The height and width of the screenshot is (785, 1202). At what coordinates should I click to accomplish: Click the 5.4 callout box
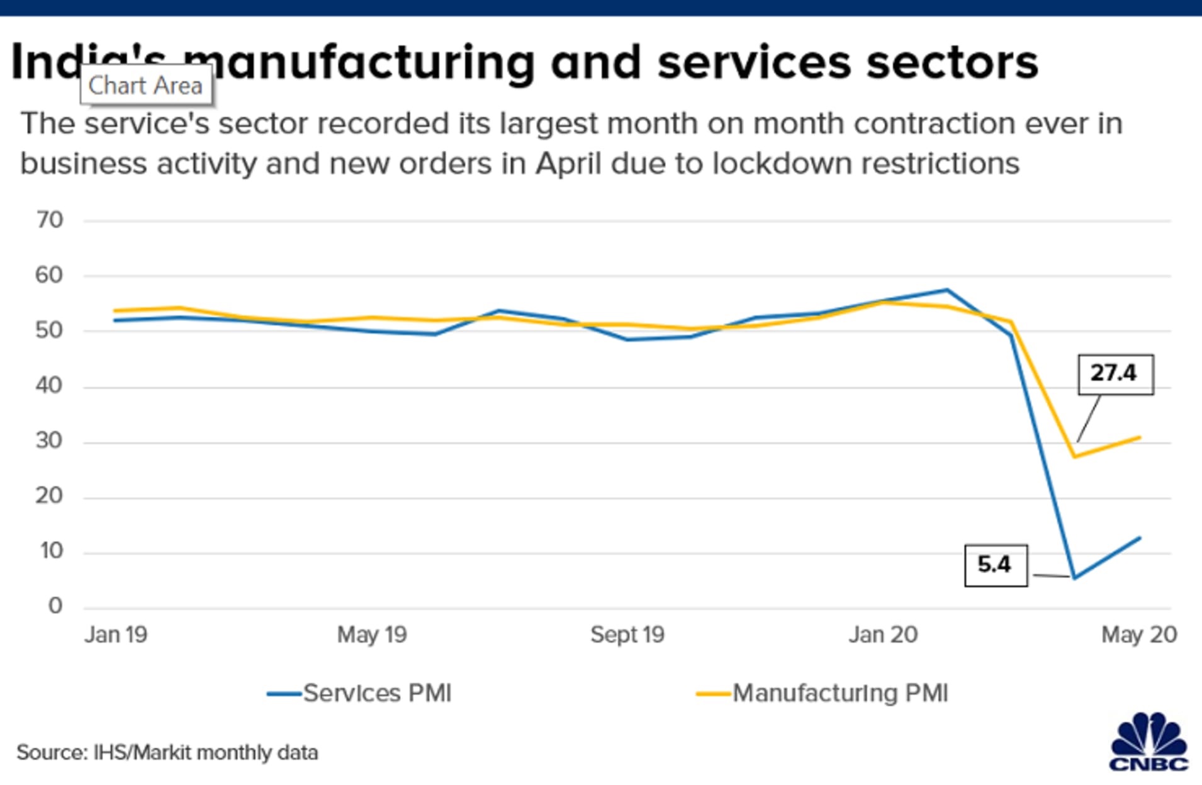tap(996, 565)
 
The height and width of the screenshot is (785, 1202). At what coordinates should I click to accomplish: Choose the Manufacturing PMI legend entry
tap(822, 693)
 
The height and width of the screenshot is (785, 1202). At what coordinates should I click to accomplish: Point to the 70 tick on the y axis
tap(50, 220)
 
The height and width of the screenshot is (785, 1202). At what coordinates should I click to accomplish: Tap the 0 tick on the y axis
tap(55, 606)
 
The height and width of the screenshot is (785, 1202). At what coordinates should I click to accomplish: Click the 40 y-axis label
tap(49, 385)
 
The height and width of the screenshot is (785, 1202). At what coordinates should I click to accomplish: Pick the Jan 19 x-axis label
tap(116, 635)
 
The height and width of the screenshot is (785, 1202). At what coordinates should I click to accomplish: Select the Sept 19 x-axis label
tap(627, 635)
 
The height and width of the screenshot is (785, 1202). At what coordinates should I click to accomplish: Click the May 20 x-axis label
tap(1138, 635)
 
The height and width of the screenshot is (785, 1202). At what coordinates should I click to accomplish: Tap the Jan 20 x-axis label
tap(882, 635)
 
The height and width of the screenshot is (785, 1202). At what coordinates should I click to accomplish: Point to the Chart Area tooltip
tap(145, 85)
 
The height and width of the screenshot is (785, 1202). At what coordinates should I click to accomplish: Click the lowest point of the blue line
tap(1074, 578)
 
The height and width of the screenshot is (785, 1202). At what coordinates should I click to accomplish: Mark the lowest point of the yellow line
tap(1074, 456)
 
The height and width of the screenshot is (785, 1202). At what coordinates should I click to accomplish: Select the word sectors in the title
tap(952, 63)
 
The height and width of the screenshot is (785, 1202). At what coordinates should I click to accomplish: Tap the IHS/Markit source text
tap(167, 752)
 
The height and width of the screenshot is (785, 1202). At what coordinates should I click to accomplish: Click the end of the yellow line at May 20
tap(1140, 438)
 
